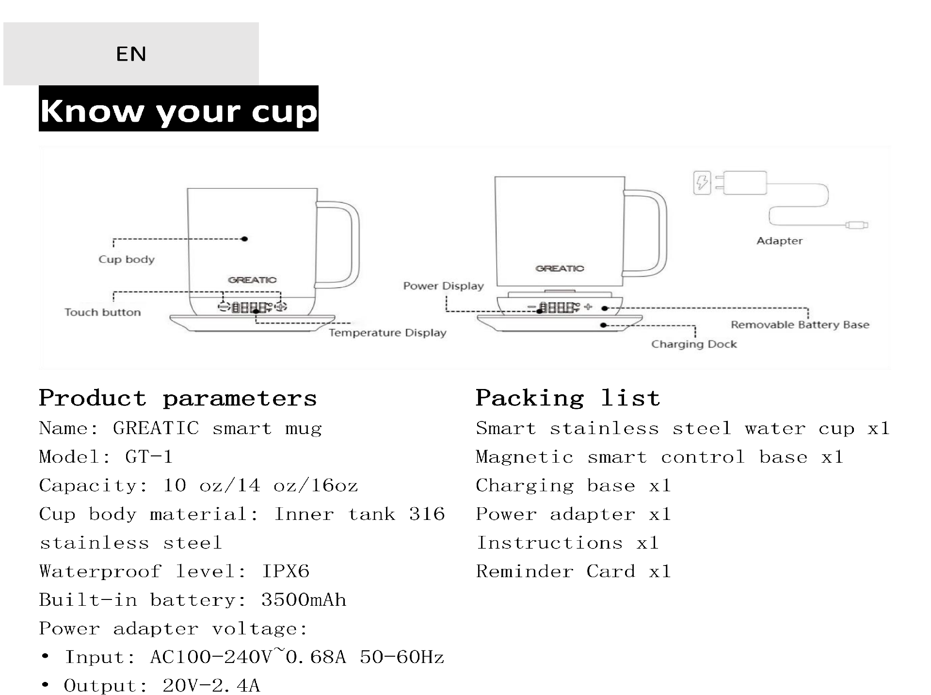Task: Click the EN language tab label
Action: click(131, 54)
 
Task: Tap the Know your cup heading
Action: click(178, 111)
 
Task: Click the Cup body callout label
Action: click(127, 259)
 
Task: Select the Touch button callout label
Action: click(103, 312)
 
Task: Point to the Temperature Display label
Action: click(387, 333)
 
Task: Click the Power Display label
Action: click(444, 286)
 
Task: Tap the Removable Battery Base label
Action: click(800, 325)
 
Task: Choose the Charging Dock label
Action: click(694, 344)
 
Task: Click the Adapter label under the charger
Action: click(780, 241)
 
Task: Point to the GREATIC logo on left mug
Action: click(252, 280)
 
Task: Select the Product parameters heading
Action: click(178, 398)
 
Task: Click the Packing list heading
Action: click(568, 398)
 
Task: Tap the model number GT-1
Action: click(149, 457)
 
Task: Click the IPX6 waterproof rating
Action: click(286, 571)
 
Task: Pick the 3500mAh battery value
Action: click(304, 600)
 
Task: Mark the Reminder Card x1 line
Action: click(574, 571)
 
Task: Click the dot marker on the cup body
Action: click(245, 239)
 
